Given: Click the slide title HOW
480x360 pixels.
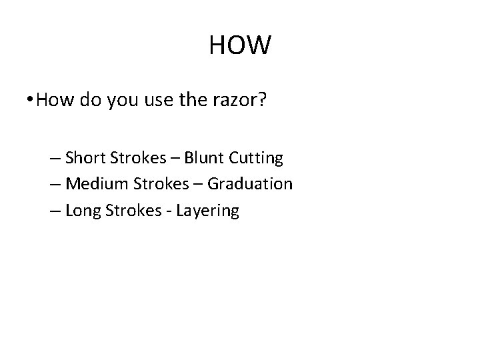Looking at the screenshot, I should coord(240,45).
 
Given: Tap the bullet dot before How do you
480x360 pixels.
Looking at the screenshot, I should coord(31,101).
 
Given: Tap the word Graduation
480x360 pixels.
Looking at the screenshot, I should coord(250,184).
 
